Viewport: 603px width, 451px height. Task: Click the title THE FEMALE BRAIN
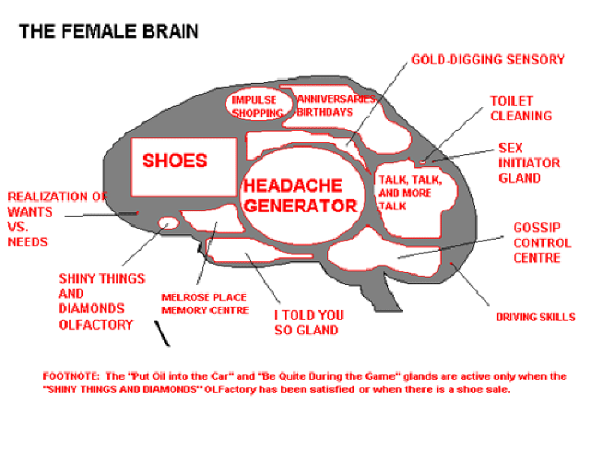(x=108, y=31)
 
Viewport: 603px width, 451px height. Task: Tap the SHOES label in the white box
(x=174, y=160)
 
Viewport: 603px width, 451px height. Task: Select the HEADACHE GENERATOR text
(x=299, y=195)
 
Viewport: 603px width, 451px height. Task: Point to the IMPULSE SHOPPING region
(x=257, y=106)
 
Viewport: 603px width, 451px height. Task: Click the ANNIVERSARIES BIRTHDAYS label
(x=326, y=105)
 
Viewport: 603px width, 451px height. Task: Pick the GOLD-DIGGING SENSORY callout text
(x=488, y=60)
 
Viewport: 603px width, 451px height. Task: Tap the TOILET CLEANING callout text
(x=521, y=108)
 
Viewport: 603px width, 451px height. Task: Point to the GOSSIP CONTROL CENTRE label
(x=542, y=243)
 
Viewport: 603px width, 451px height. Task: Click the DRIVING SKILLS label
(x=536, y=317)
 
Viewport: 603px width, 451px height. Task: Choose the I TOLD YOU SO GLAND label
(x=307, y=322)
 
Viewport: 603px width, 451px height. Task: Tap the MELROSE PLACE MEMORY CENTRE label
(x=205, y=304)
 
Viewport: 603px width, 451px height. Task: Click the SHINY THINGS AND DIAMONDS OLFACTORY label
(x=96, y=301)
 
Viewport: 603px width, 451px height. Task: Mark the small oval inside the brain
(x=168, y=222)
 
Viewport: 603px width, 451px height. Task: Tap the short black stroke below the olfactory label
(x=163, y=337)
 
